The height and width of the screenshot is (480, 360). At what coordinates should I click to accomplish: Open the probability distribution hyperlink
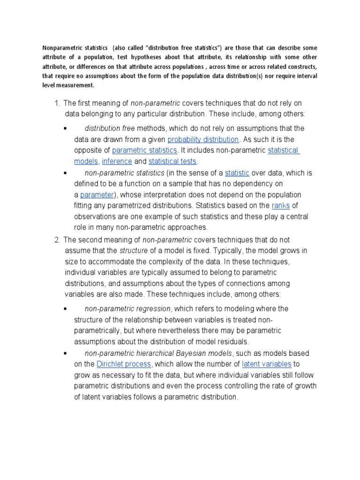coord(203,139)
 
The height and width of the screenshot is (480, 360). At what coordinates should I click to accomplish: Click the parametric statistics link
coord(144,150)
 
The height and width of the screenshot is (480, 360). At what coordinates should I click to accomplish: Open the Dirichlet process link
coord(124,364)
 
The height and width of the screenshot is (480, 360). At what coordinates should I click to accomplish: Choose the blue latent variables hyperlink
coord(267,364)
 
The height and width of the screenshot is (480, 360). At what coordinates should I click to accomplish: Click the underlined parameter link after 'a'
coord(97,195)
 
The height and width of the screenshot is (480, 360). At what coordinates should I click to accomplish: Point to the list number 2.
coord(57,240)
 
